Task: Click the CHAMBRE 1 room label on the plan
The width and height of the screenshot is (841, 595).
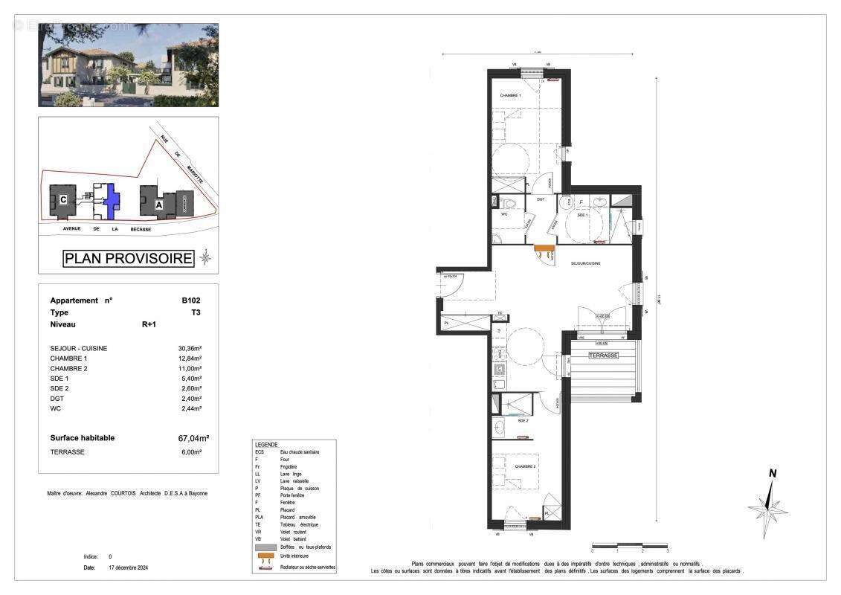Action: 510,96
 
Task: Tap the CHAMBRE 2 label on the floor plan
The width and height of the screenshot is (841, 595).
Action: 526,466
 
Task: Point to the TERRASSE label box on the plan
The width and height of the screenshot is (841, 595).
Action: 603,356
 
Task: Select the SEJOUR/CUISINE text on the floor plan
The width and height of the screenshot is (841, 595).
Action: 585,263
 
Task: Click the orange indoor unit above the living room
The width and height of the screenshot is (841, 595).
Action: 545,248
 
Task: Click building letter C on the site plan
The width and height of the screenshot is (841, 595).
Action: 64,199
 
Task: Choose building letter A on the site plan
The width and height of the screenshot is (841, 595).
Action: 158,203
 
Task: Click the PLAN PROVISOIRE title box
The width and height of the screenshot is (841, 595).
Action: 128,259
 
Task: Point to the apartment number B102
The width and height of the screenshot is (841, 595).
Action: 191,300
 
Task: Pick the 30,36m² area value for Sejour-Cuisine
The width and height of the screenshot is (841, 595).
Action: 189,348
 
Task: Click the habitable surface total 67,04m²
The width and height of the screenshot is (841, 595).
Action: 193,438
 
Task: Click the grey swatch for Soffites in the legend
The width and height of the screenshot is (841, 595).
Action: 265,547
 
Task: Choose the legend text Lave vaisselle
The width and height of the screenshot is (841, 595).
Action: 294,481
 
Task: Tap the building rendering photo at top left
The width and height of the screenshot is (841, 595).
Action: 128,65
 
